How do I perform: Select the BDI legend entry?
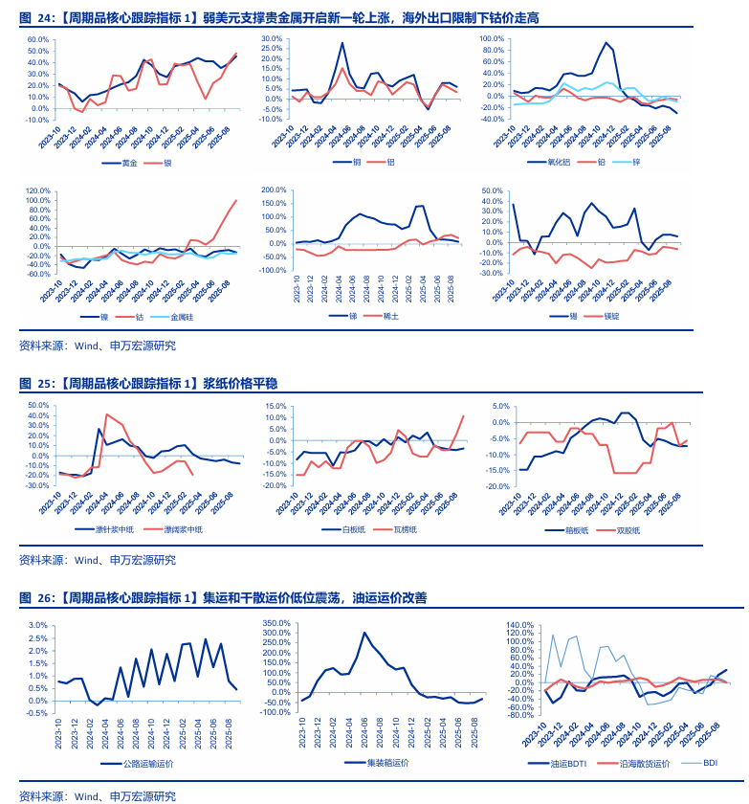(x=710, y=763)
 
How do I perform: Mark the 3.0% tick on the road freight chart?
(x=37, y=625)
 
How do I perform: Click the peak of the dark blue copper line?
(x=342, y=43)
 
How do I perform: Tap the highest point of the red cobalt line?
(x=236, y=200)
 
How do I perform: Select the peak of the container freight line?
(x=364, y=633)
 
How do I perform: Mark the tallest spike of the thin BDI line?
(x=552, y=635)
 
